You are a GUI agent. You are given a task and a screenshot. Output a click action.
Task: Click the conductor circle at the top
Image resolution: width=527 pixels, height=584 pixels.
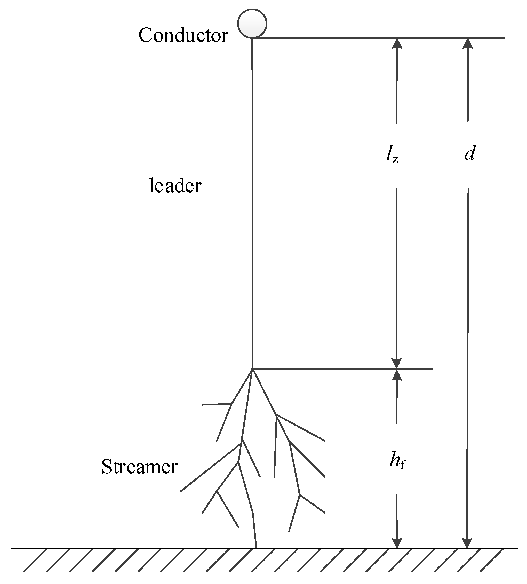pyautogui.click(x=252, y=23)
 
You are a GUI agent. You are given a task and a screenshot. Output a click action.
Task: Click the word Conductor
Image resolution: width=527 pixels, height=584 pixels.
pyautogui.click(x=183, y=35)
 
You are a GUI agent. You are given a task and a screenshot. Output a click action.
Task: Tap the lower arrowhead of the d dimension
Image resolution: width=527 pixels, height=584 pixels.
pyautogui.click(x=467, y=543)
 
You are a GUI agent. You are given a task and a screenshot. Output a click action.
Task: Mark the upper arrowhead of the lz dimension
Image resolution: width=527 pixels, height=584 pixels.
pyautogui.click(x=397, y=43)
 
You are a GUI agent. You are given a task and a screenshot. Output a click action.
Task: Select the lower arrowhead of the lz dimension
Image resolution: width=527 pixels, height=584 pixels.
pyautogui.click(x=396, y=363)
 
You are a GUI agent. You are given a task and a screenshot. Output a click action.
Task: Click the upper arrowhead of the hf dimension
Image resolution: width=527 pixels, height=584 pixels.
pyautogui.click(x=397, y=375)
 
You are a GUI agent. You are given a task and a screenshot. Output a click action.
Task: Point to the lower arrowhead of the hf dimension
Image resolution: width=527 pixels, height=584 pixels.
pyautogui.click(x=397, y=543)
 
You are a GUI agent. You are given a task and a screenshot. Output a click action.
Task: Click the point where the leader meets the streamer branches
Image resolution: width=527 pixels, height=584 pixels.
pyautogui.click(x=252, y=369)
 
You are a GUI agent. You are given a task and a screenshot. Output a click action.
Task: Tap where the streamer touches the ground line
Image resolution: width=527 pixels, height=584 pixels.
pyautogui.click(x=256, y=548)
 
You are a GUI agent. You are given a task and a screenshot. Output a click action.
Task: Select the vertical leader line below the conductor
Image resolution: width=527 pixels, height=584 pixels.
pyautogui.click(x=252, y=203)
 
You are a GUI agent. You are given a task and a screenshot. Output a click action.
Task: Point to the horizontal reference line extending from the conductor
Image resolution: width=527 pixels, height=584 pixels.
pyautogui.click(x=377, y=38)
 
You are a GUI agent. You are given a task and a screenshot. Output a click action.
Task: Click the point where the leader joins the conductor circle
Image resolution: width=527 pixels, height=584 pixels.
pyautogui.click(x=252, y=38)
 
